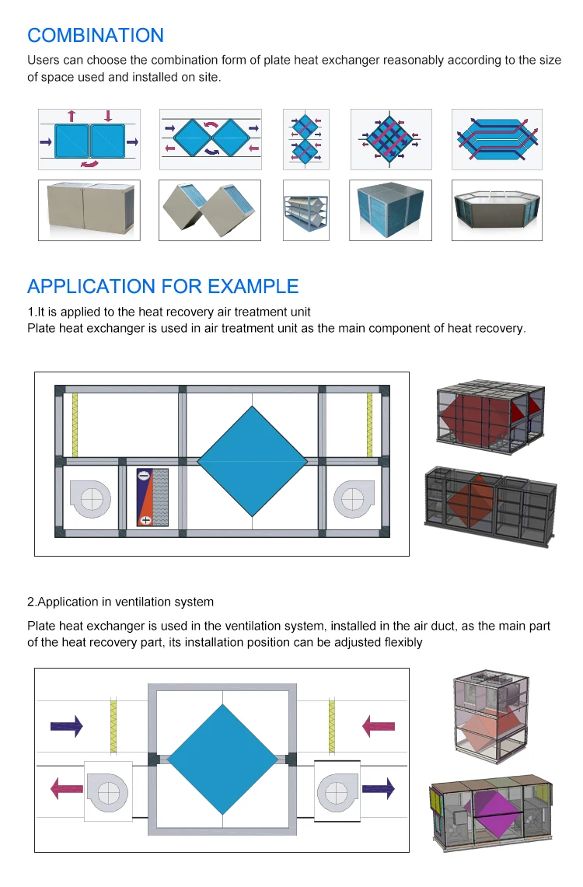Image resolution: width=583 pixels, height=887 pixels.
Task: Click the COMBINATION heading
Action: (96, 36)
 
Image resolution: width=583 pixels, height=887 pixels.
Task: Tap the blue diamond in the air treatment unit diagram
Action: (253, 461)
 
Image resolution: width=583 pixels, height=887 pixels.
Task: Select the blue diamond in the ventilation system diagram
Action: (223, 760)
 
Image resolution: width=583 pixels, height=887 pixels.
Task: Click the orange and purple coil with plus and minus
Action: (145, 498)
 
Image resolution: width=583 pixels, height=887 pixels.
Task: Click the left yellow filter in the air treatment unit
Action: (75, 424)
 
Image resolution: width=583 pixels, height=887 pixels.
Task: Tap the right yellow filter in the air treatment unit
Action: (369, 424)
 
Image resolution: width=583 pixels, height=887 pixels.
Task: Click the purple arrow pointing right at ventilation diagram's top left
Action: (67, 727)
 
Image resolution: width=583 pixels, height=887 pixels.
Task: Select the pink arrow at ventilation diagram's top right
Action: (379, 727)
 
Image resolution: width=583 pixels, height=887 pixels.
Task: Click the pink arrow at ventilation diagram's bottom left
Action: (67, 790)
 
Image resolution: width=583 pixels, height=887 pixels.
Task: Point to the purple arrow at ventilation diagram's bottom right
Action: (379, 790)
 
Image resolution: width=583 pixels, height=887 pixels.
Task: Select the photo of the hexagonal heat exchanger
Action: (497, 211)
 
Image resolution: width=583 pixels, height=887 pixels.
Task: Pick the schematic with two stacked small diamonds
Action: (306, 139)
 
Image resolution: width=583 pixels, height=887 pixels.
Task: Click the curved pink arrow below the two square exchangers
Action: (89, 164)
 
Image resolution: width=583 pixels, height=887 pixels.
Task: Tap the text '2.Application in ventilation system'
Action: (120, 602)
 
